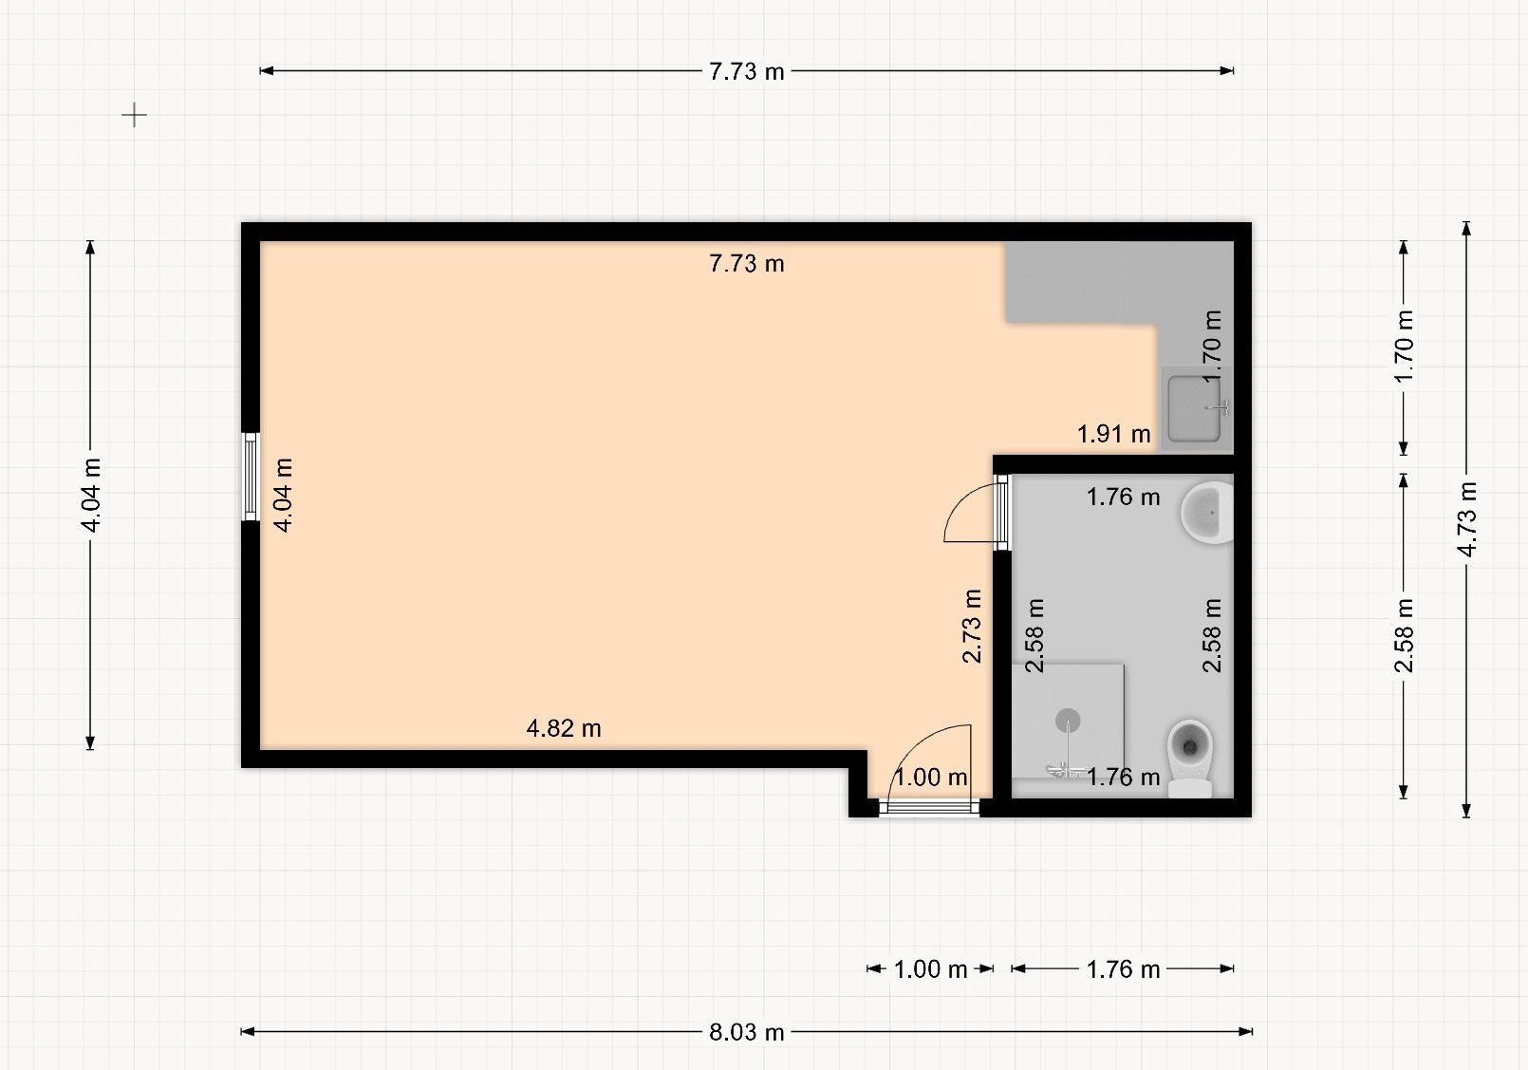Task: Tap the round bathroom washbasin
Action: click(x=1205, y=513)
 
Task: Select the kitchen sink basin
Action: click(x=1193, y=408)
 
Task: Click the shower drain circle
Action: click(x=1068, y=722)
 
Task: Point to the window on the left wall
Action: click(x=251, y=477)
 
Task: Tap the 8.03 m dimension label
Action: click(x=746, y=1032)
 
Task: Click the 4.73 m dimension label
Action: click(x=1467, y=519)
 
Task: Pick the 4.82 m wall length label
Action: click(x=564, y=728)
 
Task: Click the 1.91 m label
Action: click(x=1113, y=435)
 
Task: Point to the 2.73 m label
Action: click(x=972, y=626)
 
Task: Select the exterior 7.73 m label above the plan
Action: click(x=746, y=71)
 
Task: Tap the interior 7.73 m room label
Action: click(x=746, y=264)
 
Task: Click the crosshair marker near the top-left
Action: click(x=135, y=116)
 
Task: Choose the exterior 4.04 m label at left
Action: click(x=91, y=496)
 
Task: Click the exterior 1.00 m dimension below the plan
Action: click(x=930, y=969)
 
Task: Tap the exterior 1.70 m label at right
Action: click(x=1405, y=347)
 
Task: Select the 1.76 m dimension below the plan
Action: click(x=1123, y=969)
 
